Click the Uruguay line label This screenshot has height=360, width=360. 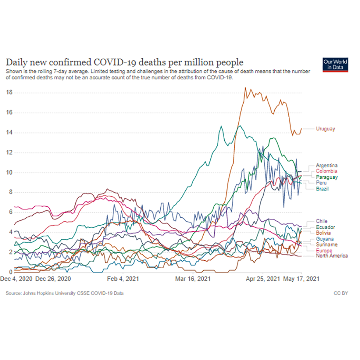coord(325,129)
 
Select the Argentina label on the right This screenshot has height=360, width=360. coord(326,165)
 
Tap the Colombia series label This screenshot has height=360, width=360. coord(326,171)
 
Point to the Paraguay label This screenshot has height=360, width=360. coord(326,177)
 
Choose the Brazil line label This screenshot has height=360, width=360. coord(323,188)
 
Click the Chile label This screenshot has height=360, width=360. coord(322,221)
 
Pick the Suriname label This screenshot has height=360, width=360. coord(326,245)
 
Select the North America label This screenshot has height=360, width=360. coord(331,256)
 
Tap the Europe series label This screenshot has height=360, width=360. coord(324,250)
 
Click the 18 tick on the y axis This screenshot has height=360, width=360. coord(8,93)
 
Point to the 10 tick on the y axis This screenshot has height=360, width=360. coord(8,173)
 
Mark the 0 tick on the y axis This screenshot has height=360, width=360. coord(10,272)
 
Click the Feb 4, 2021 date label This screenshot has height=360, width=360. coord(124,279)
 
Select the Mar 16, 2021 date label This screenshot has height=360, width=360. coord(194,279)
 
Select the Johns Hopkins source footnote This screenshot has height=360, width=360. coord(65,293)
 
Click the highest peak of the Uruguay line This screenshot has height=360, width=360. coord(245,88)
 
